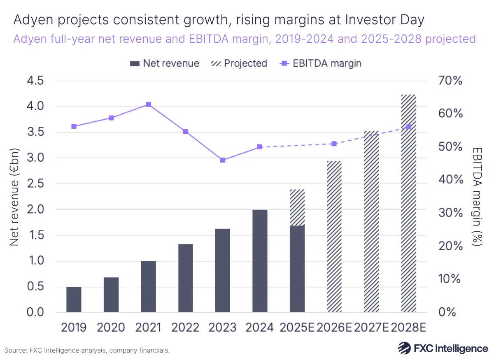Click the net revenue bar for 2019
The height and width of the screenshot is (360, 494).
(74, 299)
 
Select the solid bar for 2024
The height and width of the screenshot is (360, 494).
(259, 261)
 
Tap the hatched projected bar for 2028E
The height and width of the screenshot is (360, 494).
(409, 203)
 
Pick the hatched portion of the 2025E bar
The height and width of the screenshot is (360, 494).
(297, 207)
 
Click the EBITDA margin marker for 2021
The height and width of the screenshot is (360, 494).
(149, 105)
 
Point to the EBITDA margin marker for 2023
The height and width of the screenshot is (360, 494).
(223, 160)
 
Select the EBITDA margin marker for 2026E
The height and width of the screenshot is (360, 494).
(334, 144)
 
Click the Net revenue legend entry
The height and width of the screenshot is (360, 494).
(164, 63)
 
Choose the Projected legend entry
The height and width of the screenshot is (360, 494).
(239, 63)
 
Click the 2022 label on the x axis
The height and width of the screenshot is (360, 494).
(185, 327)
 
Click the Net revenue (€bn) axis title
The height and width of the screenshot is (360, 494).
(15, 197)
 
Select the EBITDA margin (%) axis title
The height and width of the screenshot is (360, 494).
(478, 197)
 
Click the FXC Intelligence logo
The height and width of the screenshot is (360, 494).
(443, 348)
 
